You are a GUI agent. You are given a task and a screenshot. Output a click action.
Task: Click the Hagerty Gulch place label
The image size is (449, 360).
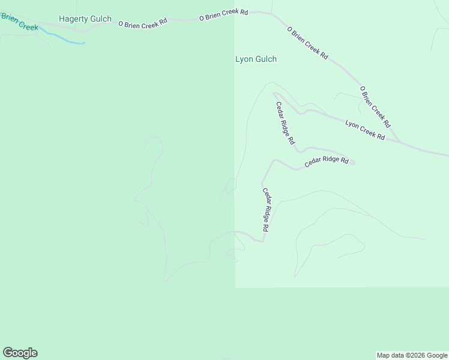click(x=85, y=19)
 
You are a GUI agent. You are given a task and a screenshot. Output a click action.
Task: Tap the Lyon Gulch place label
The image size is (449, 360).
click(x=256, y=59)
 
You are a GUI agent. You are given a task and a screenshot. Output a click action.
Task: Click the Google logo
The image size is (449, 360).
click(x=20, y=353)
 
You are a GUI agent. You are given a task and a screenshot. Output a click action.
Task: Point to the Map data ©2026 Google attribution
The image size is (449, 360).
click(x=412, y=355)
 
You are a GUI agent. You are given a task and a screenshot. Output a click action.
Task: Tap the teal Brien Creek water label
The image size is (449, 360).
click(x=19, y=22)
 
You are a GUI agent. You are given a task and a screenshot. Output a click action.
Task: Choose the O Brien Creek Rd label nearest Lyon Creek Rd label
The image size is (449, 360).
click(x=375, y=107)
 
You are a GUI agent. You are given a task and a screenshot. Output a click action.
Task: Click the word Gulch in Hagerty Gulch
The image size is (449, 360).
click(x=100, y=19)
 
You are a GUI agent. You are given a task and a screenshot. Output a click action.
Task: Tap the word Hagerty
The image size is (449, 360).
click(x=73, y=19)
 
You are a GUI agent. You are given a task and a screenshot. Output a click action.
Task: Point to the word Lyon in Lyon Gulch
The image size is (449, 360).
click(x=244, y=59)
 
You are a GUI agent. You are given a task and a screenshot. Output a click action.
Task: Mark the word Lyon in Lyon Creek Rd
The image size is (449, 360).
click(x=352, y=125)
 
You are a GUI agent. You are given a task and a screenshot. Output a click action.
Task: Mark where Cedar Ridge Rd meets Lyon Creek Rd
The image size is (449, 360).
click(x=275, y=94)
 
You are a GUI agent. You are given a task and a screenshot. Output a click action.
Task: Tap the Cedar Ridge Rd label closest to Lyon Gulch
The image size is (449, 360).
click(x=285, y=123)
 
